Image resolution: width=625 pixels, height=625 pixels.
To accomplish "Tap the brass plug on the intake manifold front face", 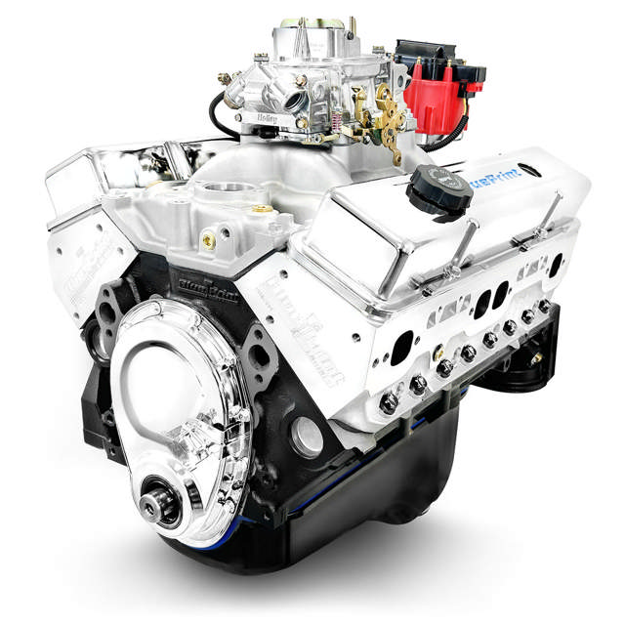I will click(208, 238).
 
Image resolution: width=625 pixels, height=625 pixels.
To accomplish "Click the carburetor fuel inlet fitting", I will click(226, 78).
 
